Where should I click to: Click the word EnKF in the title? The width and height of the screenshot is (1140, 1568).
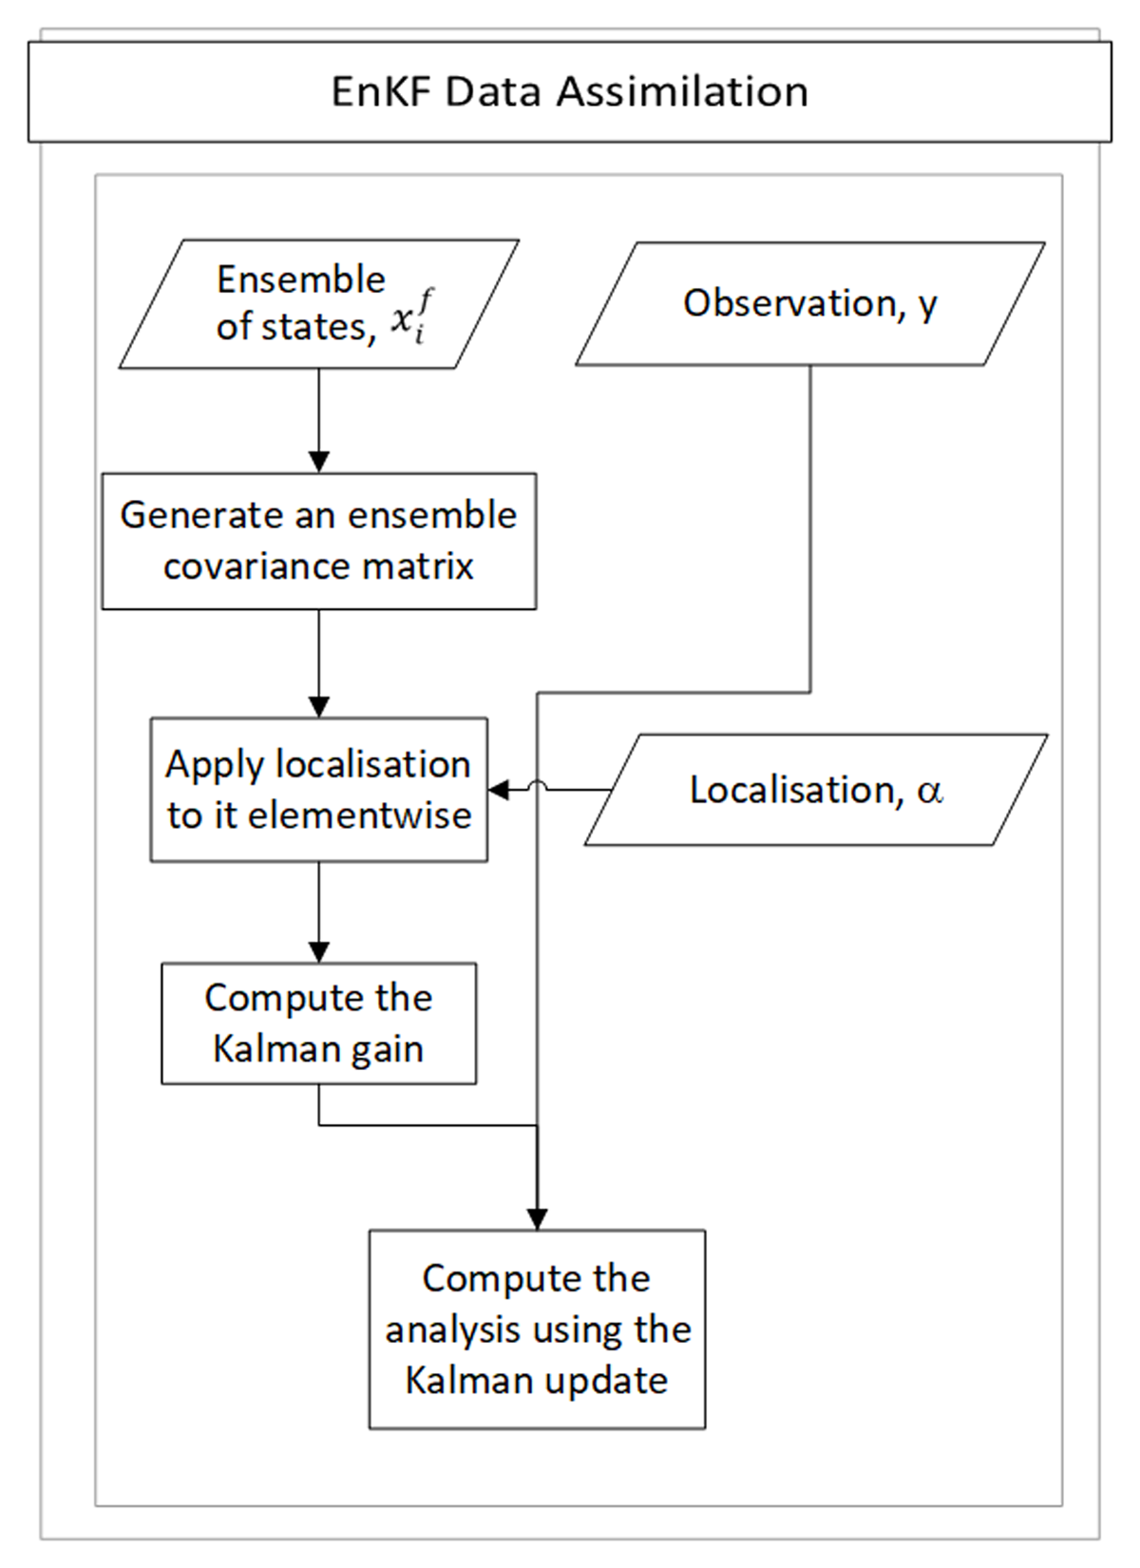coord(381,91)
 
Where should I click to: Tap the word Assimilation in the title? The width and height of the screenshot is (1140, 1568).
coord(682,91)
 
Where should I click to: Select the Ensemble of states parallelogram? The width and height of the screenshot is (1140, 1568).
coord(319,304)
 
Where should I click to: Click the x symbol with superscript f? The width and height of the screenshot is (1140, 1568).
coord(411,318)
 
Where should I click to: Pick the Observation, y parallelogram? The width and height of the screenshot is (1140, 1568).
coord(810,304)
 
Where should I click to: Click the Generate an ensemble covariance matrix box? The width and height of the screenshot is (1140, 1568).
coord(319,541)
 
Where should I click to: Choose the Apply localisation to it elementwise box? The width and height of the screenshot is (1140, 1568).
coord(319,790)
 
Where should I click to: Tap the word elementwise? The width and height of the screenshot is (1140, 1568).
coord(360,815)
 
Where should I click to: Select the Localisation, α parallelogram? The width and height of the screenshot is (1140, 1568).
coord(816,790)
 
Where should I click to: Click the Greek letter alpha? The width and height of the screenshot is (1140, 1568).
coord(929,791)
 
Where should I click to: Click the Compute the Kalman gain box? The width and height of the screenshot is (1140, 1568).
coord(319,1023)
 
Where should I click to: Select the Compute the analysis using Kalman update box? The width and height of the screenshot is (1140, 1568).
coord(538,1329)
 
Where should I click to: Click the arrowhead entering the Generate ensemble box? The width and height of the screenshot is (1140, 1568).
coord(319,463)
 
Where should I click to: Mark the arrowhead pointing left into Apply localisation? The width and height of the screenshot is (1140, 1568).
coord(498,790)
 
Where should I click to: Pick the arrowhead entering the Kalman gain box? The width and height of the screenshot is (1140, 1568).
coord(319,952)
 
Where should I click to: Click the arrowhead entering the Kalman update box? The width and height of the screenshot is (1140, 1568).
coord(538,1218)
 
